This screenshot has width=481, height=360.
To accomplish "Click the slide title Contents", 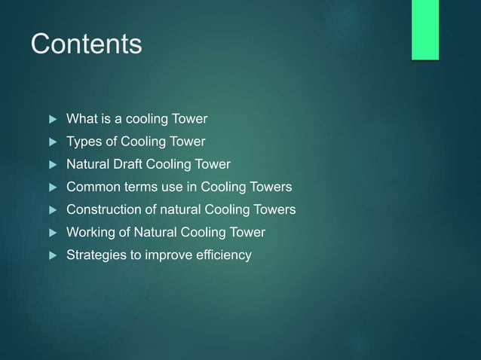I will click(86, 44).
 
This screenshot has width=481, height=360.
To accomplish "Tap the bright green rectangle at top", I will click(424, 29).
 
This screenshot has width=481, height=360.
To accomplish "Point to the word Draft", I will click(133, 164).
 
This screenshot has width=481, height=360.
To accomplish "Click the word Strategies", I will click(97, 255).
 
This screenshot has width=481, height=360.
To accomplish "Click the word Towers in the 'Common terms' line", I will click(271, 187).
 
